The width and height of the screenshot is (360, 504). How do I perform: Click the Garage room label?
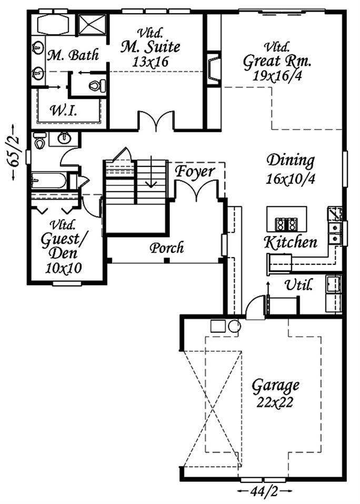[275, 386]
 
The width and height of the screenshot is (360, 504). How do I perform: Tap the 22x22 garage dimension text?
[275, 402]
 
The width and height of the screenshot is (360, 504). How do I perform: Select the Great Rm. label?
[277, 62]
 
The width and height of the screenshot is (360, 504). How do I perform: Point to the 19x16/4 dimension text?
[277, 76]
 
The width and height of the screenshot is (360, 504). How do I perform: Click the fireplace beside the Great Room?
[213, 69]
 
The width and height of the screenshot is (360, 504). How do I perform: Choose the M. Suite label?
[150, 47]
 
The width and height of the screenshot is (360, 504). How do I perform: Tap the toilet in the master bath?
[97, 86]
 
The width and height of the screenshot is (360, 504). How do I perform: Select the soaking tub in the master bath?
[53, 24]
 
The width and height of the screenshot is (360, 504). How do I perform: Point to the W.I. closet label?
[63, 111]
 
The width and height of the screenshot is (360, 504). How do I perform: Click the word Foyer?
[194, 171]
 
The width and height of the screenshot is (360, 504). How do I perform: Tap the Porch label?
[167, 248]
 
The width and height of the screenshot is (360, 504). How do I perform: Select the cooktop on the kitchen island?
[286, 224]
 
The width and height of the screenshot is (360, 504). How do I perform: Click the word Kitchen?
[291, 242]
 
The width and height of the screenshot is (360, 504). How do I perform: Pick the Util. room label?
[298, 285]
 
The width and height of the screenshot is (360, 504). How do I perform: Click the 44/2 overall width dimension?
[265, 491]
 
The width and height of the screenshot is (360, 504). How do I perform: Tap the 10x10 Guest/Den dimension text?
[63, 268]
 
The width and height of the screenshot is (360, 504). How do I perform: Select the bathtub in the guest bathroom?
[49, 181]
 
